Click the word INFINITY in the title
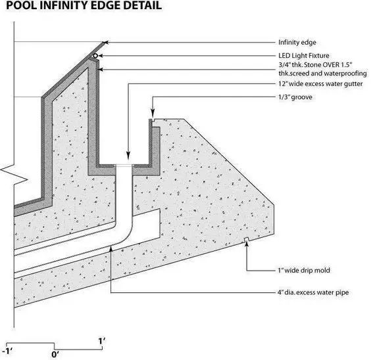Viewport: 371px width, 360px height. point(63,5)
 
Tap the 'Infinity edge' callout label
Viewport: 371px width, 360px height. point(297,43)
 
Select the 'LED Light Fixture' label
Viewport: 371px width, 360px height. point(304,56)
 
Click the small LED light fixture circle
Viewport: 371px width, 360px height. point(95,56)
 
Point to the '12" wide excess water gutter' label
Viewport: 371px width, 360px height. point(320,84)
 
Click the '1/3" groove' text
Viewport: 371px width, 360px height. point(295,97)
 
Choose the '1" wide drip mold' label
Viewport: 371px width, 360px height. point(304,270)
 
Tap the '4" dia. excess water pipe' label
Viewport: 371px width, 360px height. point(313,292)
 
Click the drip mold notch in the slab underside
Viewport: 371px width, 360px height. point(246,239)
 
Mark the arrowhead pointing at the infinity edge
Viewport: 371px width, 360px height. point(107,43)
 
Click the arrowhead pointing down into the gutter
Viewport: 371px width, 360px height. point(128,157)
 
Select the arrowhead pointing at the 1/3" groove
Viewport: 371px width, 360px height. point(153,114)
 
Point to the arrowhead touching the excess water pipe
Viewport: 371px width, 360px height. point(111,248)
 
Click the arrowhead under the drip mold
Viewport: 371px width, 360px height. point(247,244)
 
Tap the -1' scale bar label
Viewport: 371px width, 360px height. point(7,351)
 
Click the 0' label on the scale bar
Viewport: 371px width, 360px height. point(55,354)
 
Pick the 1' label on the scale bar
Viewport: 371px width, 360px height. point(102,342)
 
